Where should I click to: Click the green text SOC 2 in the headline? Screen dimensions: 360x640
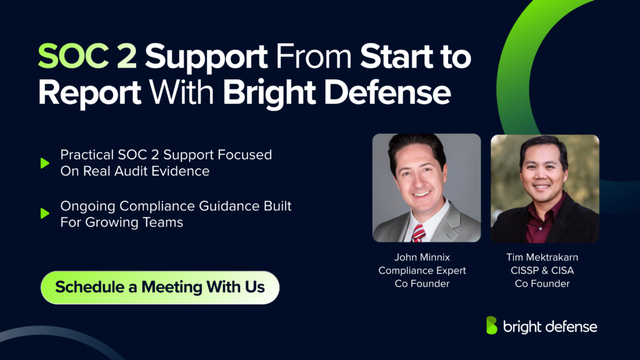coord(87,57)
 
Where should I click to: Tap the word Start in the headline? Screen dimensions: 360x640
coord(397,57)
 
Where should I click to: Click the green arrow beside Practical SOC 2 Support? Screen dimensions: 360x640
coord(44,163)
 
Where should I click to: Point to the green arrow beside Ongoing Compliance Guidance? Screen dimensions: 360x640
coord(44,214)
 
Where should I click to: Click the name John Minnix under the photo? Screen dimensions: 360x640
coord(422,257)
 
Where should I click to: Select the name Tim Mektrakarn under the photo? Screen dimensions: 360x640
coord(542,257)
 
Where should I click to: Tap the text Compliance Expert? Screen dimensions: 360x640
coord(422,271)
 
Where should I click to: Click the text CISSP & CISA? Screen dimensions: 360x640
coord(542,271)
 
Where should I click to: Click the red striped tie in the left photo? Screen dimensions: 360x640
coord(418,232)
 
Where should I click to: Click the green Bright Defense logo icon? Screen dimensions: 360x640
coord(492,326)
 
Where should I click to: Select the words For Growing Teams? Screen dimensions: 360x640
coord(122,222)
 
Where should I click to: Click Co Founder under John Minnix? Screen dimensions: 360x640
coord(422,284)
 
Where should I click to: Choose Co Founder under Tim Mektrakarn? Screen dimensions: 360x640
coord(542,284)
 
